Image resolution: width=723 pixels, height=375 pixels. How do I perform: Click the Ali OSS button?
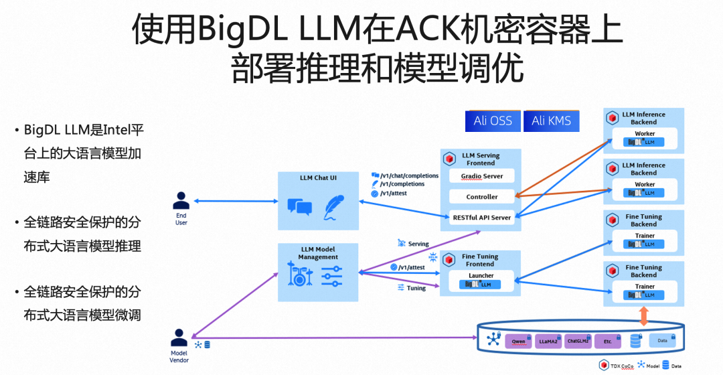(493, 121)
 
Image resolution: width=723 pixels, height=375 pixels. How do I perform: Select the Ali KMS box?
(552, 121)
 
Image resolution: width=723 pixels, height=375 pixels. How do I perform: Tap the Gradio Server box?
(481, 176)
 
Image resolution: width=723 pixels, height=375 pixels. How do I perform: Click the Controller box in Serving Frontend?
(481, 197)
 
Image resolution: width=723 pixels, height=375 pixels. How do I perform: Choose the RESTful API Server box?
(481, 218)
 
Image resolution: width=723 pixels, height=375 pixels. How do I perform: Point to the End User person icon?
(181, 200)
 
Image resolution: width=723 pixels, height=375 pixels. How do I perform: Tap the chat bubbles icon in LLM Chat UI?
(299, 207)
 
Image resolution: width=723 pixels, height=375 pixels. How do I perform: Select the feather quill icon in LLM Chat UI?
(334, 207)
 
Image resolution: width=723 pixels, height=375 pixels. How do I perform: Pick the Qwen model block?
(519, 341)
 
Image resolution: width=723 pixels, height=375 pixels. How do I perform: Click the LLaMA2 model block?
(549, 341)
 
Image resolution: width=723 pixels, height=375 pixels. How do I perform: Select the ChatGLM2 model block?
(578, 341)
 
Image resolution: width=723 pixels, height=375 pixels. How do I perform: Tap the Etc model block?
(607, 341)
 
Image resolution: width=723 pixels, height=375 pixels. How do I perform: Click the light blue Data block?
(663, 340)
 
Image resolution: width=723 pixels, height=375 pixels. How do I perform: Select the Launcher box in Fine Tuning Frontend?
(481, 280)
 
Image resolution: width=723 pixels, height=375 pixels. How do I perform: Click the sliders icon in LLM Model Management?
(332, 275)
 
